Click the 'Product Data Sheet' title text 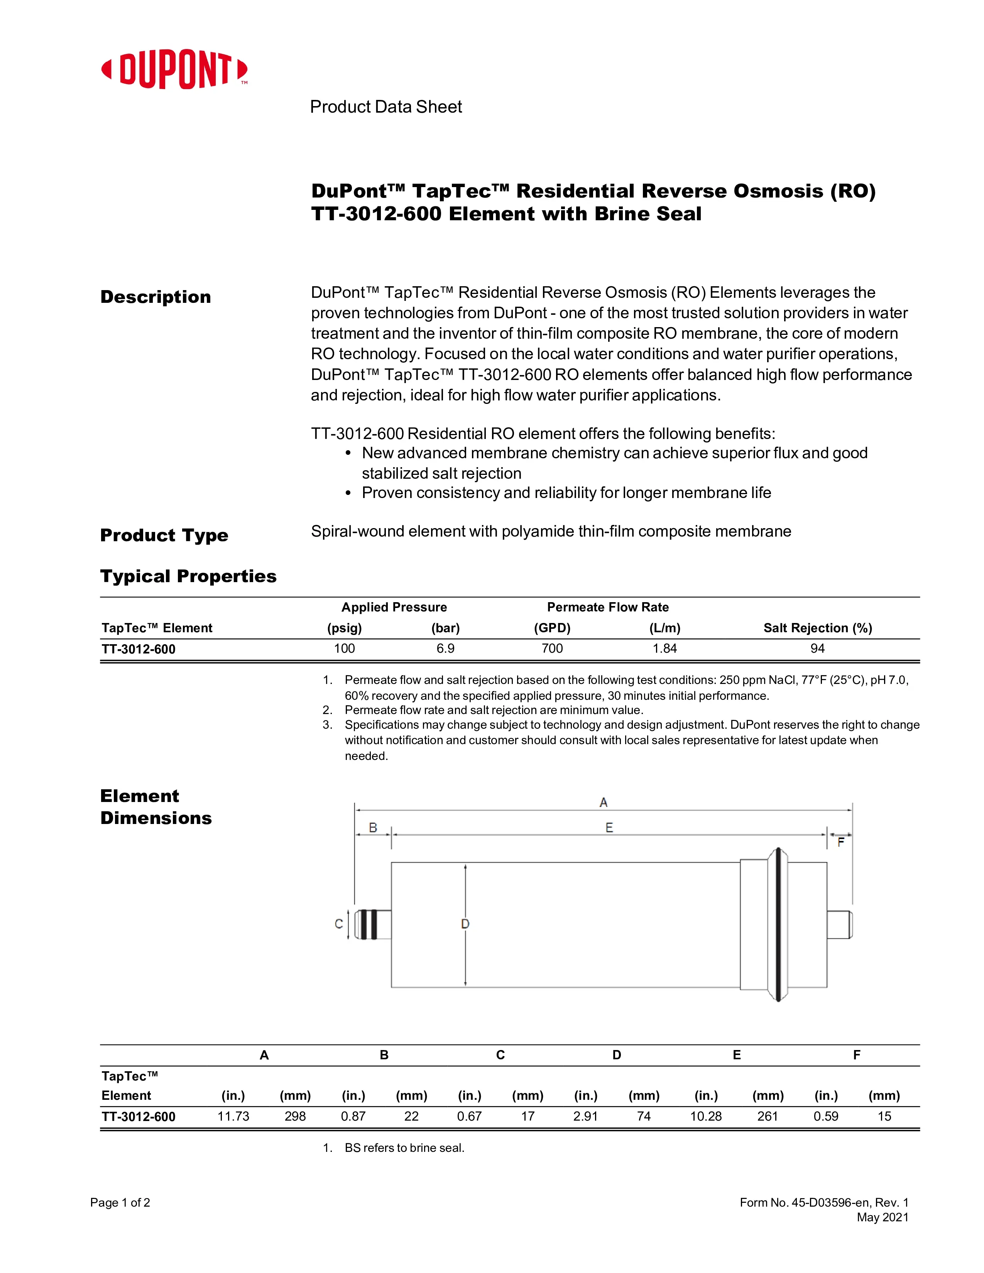[x=385, y=107]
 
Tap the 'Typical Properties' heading [x=188, y=576]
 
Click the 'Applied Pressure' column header [x=394, y=607]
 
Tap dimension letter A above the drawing [x=604, y=803]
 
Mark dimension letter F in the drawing [x=840, y=842]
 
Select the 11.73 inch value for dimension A [x=233, y=1116]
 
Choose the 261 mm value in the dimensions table [x=767, y=1116]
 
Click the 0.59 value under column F [x=826, y=1116]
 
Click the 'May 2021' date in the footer [x=883, y=1217]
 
